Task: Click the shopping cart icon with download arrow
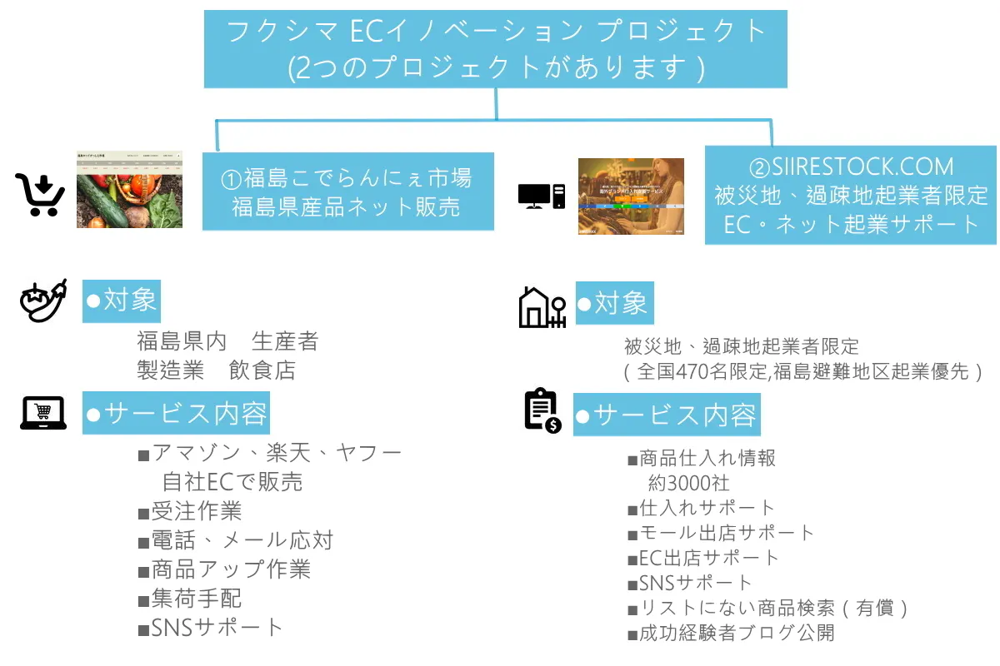click(40, 195)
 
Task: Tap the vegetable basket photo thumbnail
click(129, 191)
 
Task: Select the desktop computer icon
click(542, 196)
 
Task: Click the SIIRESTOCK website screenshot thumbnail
click(631, 196)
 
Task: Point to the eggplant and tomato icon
click(42, 301)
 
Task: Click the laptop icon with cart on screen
click(43, 413)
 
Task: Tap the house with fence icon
click(542, 306)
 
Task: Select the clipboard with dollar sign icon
click(542, 410)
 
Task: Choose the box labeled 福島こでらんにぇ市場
click(347, 191)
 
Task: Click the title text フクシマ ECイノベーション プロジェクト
click(496, 32)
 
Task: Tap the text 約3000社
click(688, 482)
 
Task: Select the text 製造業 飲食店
click(216, 370)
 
